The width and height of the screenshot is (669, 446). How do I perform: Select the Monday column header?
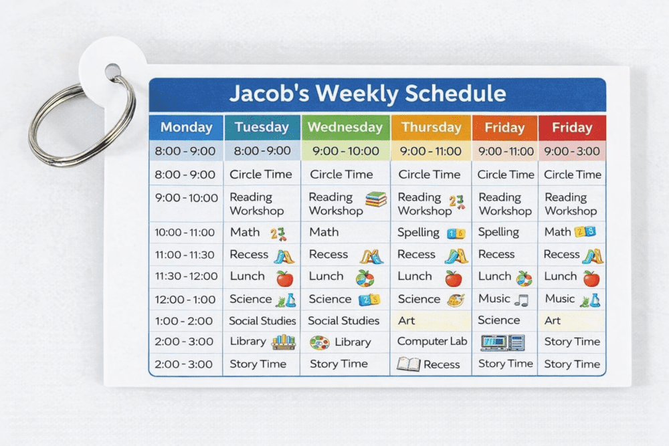[186, 127]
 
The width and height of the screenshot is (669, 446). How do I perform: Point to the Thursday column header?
[431, 127]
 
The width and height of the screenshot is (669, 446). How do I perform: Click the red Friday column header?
[571, 127]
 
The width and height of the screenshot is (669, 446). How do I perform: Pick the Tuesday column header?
[262, 127]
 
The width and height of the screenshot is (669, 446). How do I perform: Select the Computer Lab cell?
[432, 341]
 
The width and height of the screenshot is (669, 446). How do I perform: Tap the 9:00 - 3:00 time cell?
[571, 151]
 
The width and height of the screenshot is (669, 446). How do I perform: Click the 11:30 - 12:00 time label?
[186, 276]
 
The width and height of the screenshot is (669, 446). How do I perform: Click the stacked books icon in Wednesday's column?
[376, 199]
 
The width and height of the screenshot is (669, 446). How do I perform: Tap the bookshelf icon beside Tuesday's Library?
[284, 342]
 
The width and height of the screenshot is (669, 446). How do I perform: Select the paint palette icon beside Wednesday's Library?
[319, 342]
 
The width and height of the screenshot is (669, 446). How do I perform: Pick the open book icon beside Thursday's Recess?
[408, 364]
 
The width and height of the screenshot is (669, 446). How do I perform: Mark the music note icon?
[521, 300]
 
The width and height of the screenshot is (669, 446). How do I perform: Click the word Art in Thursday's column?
[406, 321]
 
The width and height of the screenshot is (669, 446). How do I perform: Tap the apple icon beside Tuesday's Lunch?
[285, 278]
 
